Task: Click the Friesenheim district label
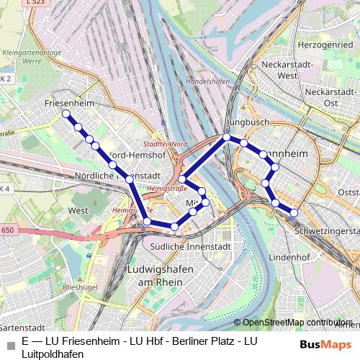69,104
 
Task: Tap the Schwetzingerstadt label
328,231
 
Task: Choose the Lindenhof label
288,256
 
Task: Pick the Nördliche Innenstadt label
116,175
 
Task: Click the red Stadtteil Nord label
170,144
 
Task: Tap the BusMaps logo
326,345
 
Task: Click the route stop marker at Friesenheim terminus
66,114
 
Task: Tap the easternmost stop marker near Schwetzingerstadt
294,212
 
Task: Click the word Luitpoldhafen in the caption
53,354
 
